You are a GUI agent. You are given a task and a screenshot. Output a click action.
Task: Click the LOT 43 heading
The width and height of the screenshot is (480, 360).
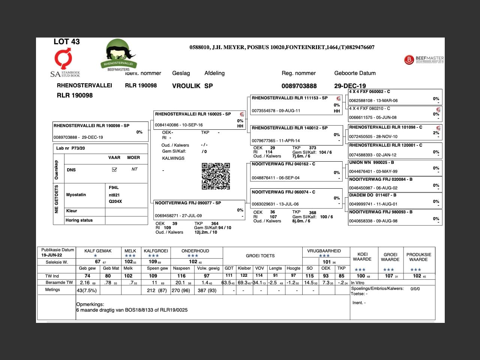tap(67, 42)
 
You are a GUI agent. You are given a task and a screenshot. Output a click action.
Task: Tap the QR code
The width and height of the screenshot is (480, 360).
tap(216, 176)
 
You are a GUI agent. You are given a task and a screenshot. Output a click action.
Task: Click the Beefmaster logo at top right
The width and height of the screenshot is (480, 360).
tap(424, 59)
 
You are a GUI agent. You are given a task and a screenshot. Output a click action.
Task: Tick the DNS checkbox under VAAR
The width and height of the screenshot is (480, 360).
tap(114, 169)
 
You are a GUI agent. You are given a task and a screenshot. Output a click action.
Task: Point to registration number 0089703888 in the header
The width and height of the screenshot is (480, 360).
tap(299, 86)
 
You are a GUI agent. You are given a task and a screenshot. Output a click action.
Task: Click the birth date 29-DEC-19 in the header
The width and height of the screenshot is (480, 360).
tap(350, 86)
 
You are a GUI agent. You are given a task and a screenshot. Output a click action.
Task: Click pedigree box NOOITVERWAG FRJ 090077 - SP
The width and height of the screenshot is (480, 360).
tap(188, 203)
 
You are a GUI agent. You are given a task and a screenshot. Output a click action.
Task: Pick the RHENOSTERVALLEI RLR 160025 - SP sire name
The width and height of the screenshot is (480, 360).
tap(193, 114)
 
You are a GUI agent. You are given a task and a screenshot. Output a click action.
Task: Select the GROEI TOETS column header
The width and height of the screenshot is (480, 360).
tap(260, 256)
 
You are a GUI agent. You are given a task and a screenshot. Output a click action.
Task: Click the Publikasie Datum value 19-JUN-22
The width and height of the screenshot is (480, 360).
tap(52, 255)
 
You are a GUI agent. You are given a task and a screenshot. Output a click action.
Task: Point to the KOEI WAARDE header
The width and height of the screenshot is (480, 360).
tap(362, 256)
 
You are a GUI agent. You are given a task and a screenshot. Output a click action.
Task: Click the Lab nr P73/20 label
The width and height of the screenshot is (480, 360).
tap(70, 148)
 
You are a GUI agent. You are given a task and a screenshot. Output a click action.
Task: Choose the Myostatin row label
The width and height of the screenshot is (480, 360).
tap(76, 195)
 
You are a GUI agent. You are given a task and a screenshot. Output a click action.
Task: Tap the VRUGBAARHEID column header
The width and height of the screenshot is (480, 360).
tap(324, 251)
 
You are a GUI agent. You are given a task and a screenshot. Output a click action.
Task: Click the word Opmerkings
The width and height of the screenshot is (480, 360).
tap(90, 304)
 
